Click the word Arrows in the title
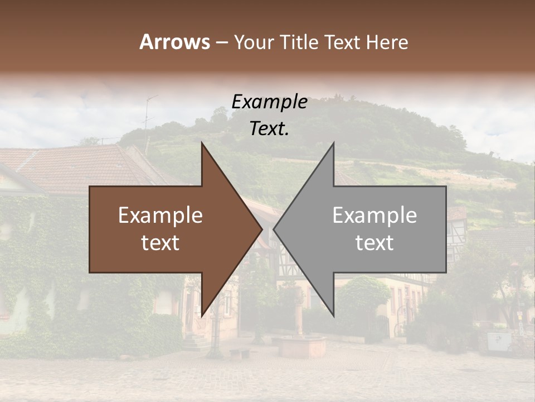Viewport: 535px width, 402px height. [x=174, y=42]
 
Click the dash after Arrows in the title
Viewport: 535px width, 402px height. [x=221, y=43]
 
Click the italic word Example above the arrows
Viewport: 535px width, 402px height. [x=269, y=102]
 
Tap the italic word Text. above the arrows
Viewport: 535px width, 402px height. [x=269, y=129]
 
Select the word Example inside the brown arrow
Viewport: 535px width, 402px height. [x=160, y=216]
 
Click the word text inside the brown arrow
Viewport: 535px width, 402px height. [x=160, y=243]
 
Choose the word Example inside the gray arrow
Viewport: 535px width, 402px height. [x=374, y=216]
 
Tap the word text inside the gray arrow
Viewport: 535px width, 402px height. [x=374, y=243]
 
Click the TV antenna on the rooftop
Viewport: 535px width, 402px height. [x=148, y=112]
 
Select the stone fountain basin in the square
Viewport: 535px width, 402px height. [x=302, y=346]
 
